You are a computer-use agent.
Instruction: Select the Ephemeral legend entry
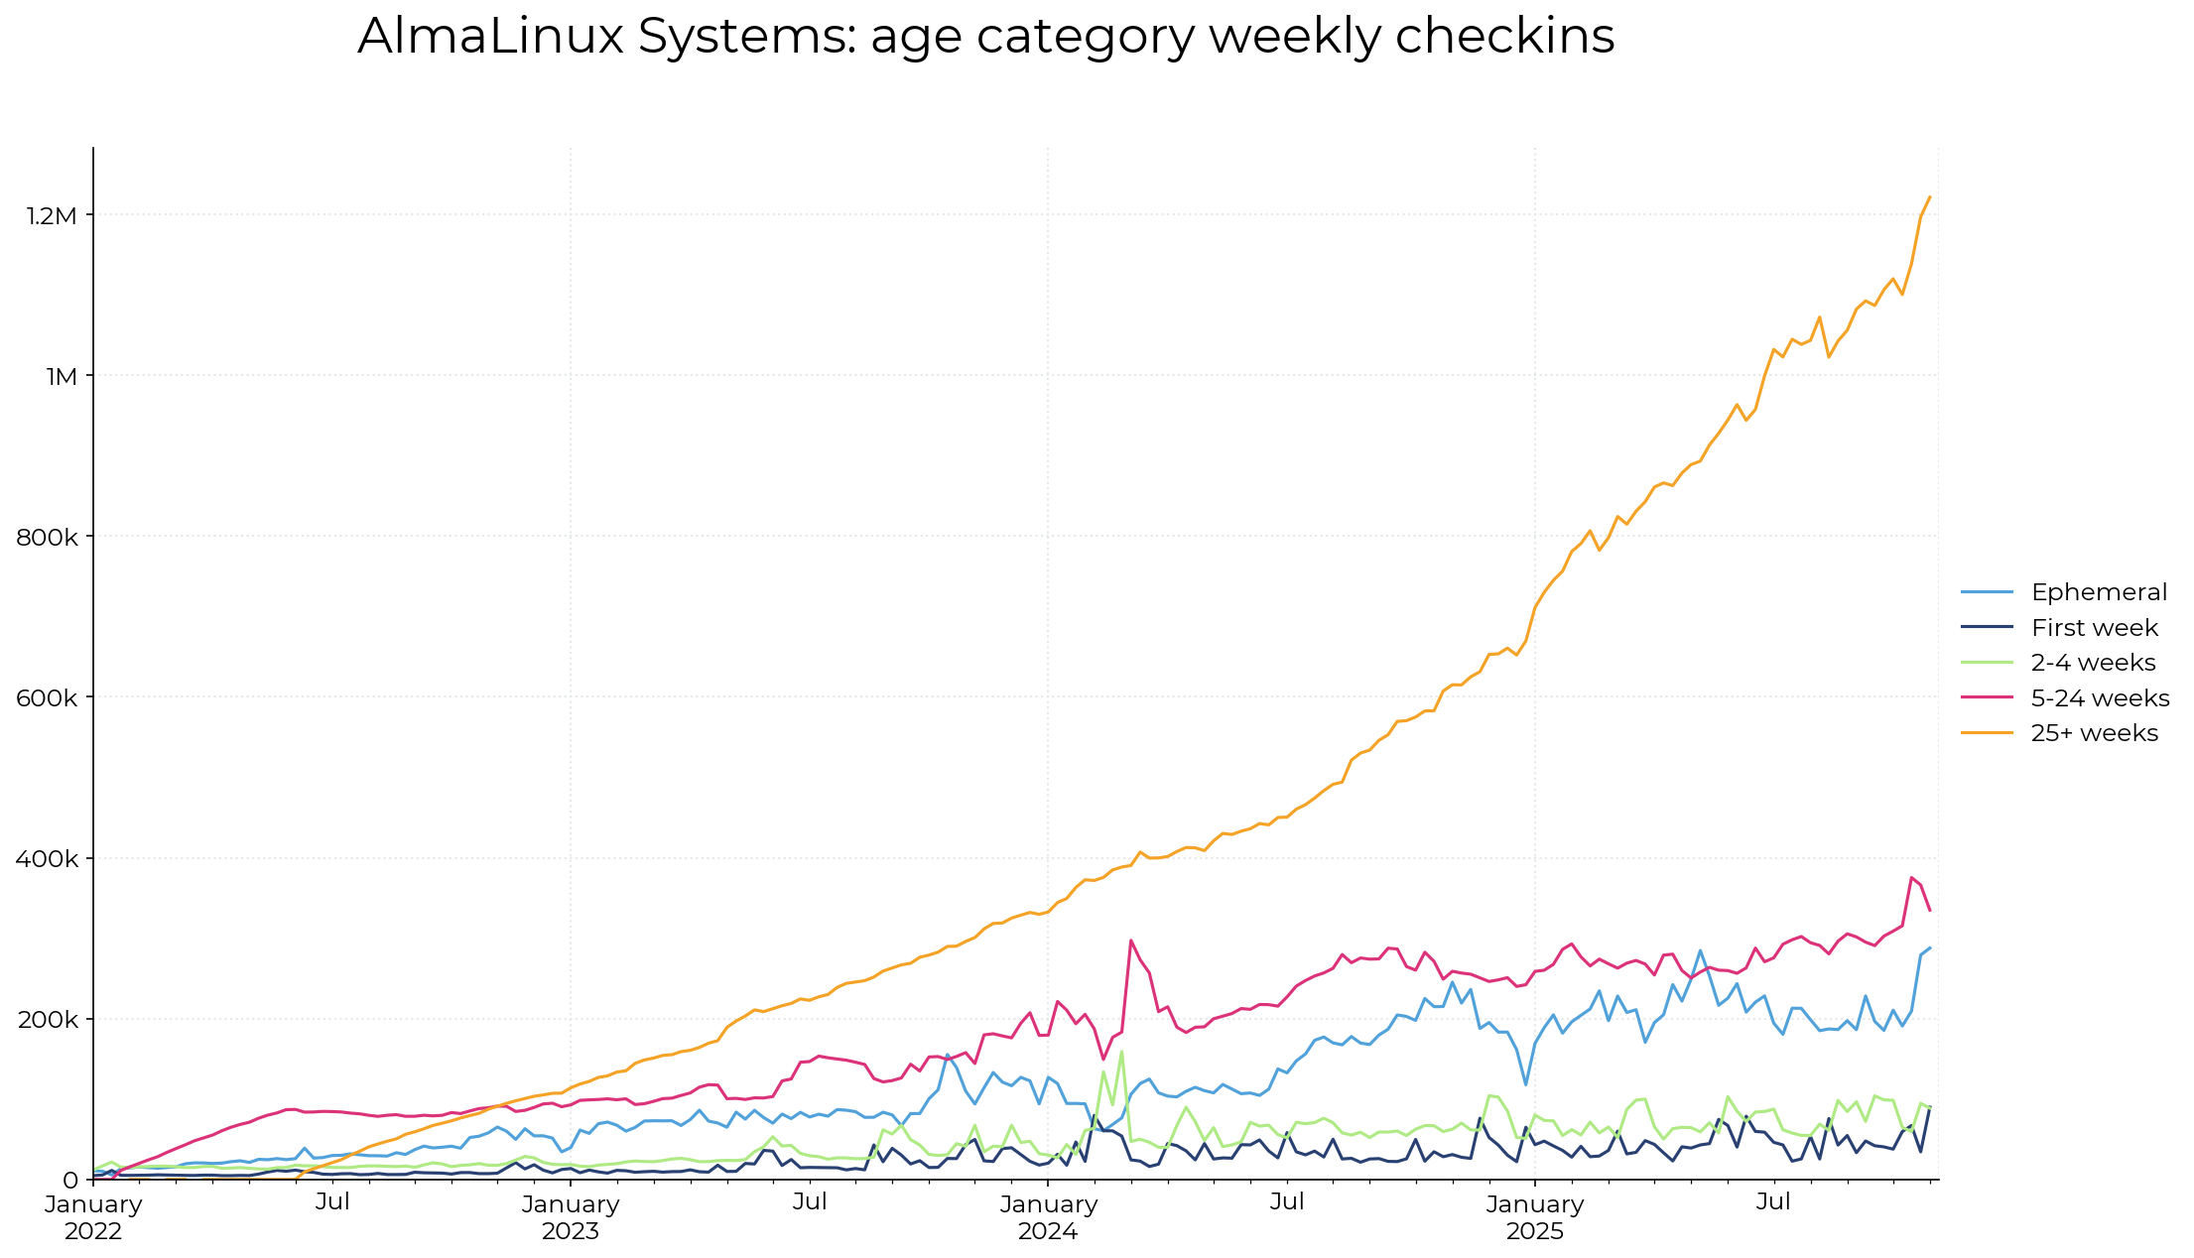[2099, 592]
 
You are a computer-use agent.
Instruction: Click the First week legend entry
[2094, 628]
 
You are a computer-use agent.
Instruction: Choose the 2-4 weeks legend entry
[2093, 663]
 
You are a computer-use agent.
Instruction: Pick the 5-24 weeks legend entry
[2100, 698]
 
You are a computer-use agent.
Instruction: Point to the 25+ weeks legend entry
[2094, 733]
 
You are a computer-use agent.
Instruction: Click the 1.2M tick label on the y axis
[53, 215]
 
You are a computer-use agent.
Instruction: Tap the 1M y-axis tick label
[62, 376]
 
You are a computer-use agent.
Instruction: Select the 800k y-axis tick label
[47, 537]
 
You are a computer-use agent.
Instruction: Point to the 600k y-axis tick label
[47, 697]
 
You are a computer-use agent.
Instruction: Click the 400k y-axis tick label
[47, 858]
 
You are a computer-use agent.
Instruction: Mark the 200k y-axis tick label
[47, 1019]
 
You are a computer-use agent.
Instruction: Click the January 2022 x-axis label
[93, 1217]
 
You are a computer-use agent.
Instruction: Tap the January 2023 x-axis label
[571, 1217]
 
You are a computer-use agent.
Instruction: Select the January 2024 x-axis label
[1048, 1217]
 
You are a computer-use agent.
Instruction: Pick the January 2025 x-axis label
[1534, 1217]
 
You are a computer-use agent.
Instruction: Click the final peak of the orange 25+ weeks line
[1929, 196]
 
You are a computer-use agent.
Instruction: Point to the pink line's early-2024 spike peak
[1130, 941]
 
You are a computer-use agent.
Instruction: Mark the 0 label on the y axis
[69, 1180]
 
